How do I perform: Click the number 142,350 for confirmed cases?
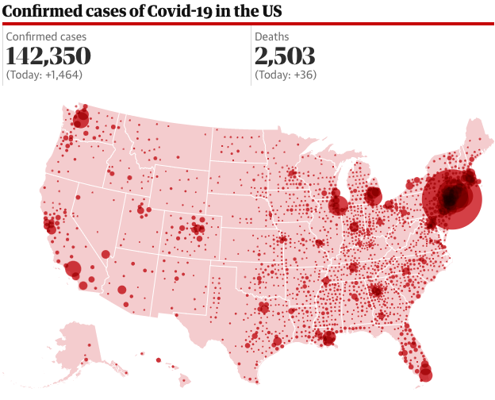tap(48, 56)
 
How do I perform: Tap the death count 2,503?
tap(285, 56)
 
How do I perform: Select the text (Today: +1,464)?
tap(44, 75)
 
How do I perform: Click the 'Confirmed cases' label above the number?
tap(46, 37)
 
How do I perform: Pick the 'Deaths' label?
tap(272, 37)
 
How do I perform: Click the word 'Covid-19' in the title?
tap(163, 11)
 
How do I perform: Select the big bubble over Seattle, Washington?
tap(81, 120)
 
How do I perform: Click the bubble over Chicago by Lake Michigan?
tap(339, 206)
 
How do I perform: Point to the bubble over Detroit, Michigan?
tap(373, 195)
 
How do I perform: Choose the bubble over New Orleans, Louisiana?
tap(328, 338)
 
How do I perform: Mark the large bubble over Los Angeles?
tap(72, 269)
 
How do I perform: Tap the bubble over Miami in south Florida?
tap(426, 370)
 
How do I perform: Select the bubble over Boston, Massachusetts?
tap(470, 177)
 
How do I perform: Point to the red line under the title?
tap(247, 24)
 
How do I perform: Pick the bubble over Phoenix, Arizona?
tap(121, 290)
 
